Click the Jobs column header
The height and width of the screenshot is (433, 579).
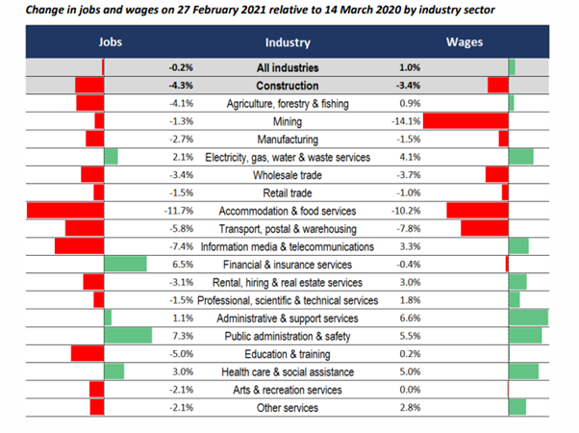[x=111, y=43]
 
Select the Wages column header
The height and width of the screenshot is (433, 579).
[x=465, y=43]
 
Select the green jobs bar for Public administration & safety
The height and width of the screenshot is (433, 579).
[x=127, y=336]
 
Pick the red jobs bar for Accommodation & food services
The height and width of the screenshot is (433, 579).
[x=65, y=211]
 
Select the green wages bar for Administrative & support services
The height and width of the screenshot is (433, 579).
[x=528, y=318]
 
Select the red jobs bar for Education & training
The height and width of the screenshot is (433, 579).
[x=88, y=353]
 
